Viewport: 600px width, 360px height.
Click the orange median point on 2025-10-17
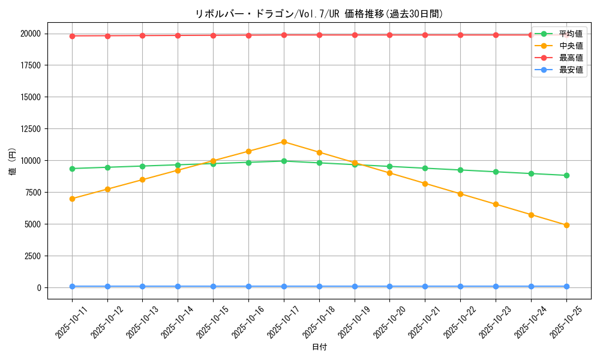click(284, 142)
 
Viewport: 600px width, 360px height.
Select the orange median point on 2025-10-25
click(566, 225)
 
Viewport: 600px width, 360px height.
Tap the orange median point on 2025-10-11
click(72, 199)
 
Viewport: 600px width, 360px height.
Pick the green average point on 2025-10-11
click(72, 169)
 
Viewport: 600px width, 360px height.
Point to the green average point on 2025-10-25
click(566, 175)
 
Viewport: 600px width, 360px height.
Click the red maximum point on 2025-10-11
click(72, 36)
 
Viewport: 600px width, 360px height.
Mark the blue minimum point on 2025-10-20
click(390, 286)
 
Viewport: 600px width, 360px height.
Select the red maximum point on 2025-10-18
click(319, 35)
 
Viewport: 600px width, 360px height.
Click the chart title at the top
click(319, 14)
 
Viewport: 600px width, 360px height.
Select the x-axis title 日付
click(319, 347)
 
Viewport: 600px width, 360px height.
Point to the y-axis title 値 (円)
click(13, 160)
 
